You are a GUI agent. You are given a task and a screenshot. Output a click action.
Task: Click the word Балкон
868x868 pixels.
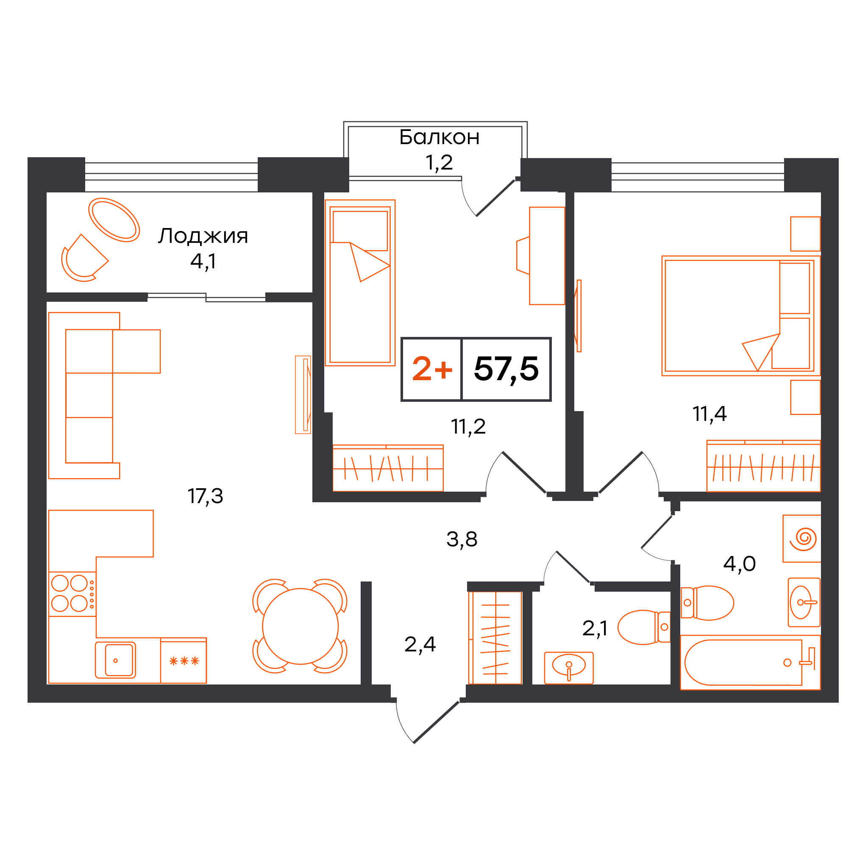coord(439,137)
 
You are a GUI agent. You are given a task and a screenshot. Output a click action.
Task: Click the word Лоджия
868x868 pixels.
coord(203,236)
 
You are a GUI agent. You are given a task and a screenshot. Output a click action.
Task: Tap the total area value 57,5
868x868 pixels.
coord(506,369)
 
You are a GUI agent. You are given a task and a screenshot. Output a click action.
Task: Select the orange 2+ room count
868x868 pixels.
coord(432,368)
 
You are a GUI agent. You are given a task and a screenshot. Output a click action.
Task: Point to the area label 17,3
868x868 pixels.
coord(205,496)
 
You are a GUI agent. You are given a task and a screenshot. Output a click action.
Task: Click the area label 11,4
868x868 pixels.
coord(709,413)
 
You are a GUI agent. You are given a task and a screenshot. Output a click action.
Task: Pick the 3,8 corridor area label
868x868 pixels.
coord(462,539)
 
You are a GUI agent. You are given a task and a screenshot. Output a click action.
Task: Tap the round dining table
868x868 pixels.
coord(300,626)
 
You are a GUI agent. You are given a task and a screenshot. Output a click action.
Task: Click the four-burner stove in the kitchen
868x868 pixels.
coord(72,594)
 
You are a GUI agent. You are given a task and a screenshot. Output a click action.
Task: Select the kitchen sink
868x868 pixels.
coord(115,660)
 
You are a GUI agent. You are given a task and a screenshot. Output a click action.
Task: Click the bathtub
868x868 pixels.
coord(750,662)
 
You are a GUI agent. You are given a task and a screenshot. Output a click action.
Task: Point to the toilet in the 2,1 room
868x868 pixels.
coord(644,627)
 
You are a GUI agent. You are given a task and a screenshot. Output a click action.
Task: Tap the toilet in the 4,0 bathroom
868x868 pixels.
coord(707,603)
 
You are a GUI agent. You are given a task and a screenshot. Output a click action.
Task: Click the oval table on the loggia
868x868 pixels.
coord(114,220)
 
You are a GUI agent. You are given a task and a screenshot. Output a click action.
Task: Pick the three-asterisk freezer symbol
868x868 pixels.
coord(184,661)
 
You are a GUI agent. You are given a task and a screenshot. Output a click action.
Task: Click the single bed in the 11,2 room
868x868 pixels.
coord(360,283)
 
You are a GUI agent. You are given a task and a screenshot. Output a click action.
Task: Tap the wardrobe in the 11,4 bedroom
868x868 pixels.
coord(763,466)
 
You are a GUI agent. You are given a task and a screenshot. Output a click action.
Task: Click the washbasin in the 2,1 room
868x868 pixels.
coord(569,668)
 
